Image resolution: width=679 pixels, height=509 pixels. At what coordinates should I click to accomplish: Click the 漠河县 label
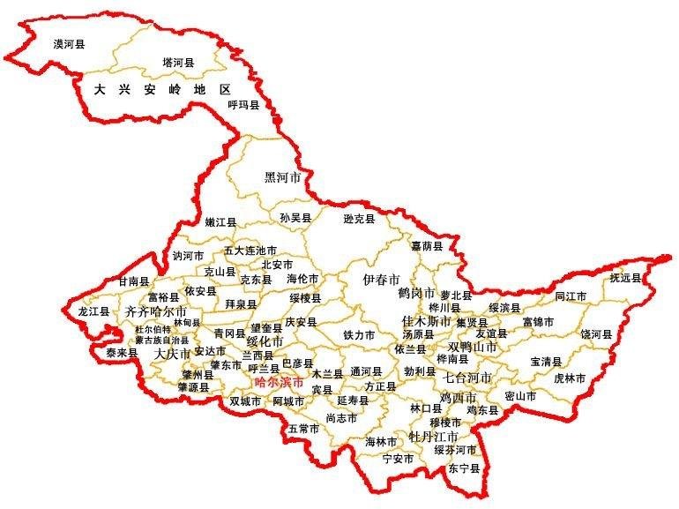tap(69, 42)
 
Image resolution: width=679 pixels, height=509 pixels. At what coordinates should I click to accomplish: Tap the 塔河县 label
tap(178, 63)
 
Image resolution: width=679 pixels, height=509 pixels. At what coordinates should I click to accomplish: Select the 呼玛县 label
tap(243, 105)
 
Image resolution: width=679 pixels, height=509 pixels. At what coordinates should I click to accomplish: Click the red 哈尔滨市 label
tap(279, 383)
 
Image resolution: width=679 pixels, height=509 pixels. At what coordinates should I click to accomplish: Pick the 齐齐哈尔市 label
tap(156, 312)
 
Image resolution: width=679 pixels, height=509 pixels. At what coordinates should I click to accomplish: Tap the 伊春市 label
tap(382, 279)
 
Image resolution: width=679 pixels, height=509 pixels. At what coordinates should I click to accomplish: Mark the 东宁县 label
tap(464, 468)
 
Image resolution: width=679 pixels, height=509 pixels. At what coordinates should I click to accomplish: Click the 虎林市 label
tap(570, 378)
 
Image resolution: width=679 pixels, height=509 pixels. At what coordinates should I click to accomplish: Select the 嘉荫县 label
tap(427, 246)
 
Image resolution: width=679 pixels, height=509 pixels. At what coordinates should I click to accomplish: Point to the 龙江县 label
tap(93, 311)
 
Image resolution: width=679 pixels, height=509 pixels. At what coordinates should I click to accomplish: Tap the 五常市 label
tap(303, 429)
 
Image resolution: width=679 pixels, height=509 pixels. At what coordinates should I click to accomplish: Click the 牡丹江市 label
tap(433, 437)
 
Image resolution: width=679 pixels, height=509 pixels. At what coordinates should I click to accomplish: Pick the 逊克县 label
tap(359, 218)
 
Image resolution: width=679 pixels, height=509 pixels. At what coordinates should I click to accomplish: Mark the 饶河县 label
tap(595, 334)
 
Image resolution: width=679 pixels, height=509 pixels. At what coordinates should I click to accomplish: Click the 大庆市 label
tap(172, 354)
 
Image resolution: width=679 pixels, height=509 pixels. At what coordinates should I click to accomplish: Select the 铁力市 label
tap(359, 335)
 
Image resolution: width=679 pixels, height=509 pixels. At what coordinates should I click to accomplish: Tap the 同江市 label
tap(571, 296)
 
